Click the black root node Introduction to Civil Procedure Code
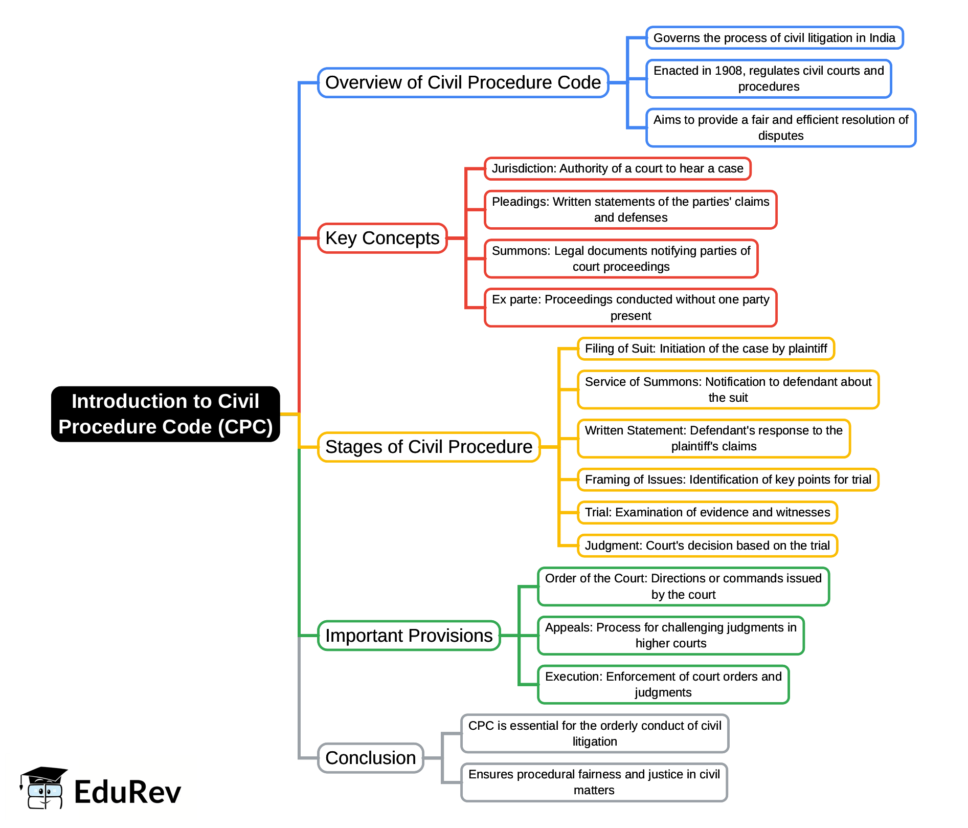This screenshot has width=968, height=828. pyautogui.click(x=165, y=414)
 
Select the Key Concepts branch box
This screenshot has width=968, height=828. pyautogui.click(x=382, y=238)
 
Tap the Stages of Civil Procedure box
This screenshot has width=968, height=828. pyautogui.click(x=429, y=447)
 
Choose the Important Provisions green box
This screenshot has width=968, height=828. pyautogui.click(x=409, y=636)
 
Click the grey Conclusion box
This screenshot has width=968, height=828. pyautogui.click(x=370, y=758)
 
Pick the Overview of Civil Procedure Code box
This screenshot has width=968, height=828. pyautogui.click(x=463, y=82)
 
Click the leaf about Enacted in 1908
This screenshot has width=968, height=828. pyautogui.click(x=768, y=79)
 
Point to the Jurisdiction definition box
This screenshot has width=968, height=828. pyautogui.click(x=617, y=169)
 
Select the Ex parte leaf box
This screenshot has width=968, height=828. pyautogui.click(x=630, y=308)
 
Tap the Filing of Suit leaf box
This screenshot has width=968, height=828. pyautogui.click(x=706, y=349)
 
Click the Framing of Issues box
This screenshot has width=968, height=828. pyautogui.click(x=728, y=480)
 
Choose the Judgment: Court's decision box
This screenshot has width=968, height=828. pyautogui.click(x=707, y=546)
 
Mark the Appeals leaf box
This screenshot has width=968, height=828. pyautogui.click(x=670, y=636)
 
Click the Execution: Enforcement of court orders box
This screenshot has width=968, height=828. pyautogui.click(x=663, y=685)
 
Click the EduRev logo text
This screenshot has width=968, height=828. pyautogui.click(x=127, y=792)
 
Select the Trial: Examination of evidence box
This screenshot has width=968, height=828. pyautogui.click(x=707, y=513)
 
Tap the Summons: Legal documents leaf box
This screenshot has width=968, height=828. pyautogui.click(x=621, y=259)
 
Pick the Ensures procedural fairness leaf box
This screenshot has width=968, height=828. pyautogui.click(x=594, y=782)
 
